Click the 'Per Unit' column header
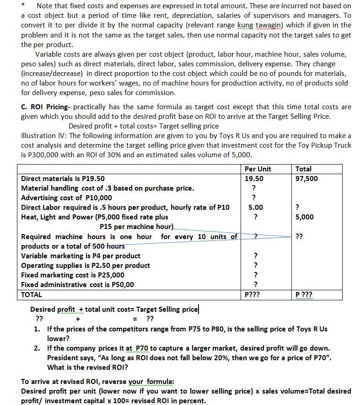(258, 169)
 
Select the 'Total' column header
(304, 169)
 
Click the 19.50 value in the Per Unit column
(254, 179)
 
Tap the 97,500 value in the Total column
(306, 179)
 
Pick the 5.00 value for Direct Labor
(255, 208)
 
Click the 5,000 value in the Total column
(305, 217)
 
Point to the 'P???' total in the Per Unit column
(253, 295)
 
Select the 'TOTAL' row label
(32, 295)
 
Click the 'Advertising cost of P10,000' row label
(67, 198)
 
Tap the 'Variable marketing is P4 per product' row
(81, 256)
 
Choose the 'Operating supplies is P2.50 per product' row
(86, 266)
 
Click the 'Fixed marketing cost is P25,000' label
(73, 275)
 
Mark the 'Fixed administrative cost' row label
(78, 285)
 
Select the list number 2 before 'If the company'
(37, 348)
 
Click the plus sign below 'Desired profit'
(78, 319)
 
